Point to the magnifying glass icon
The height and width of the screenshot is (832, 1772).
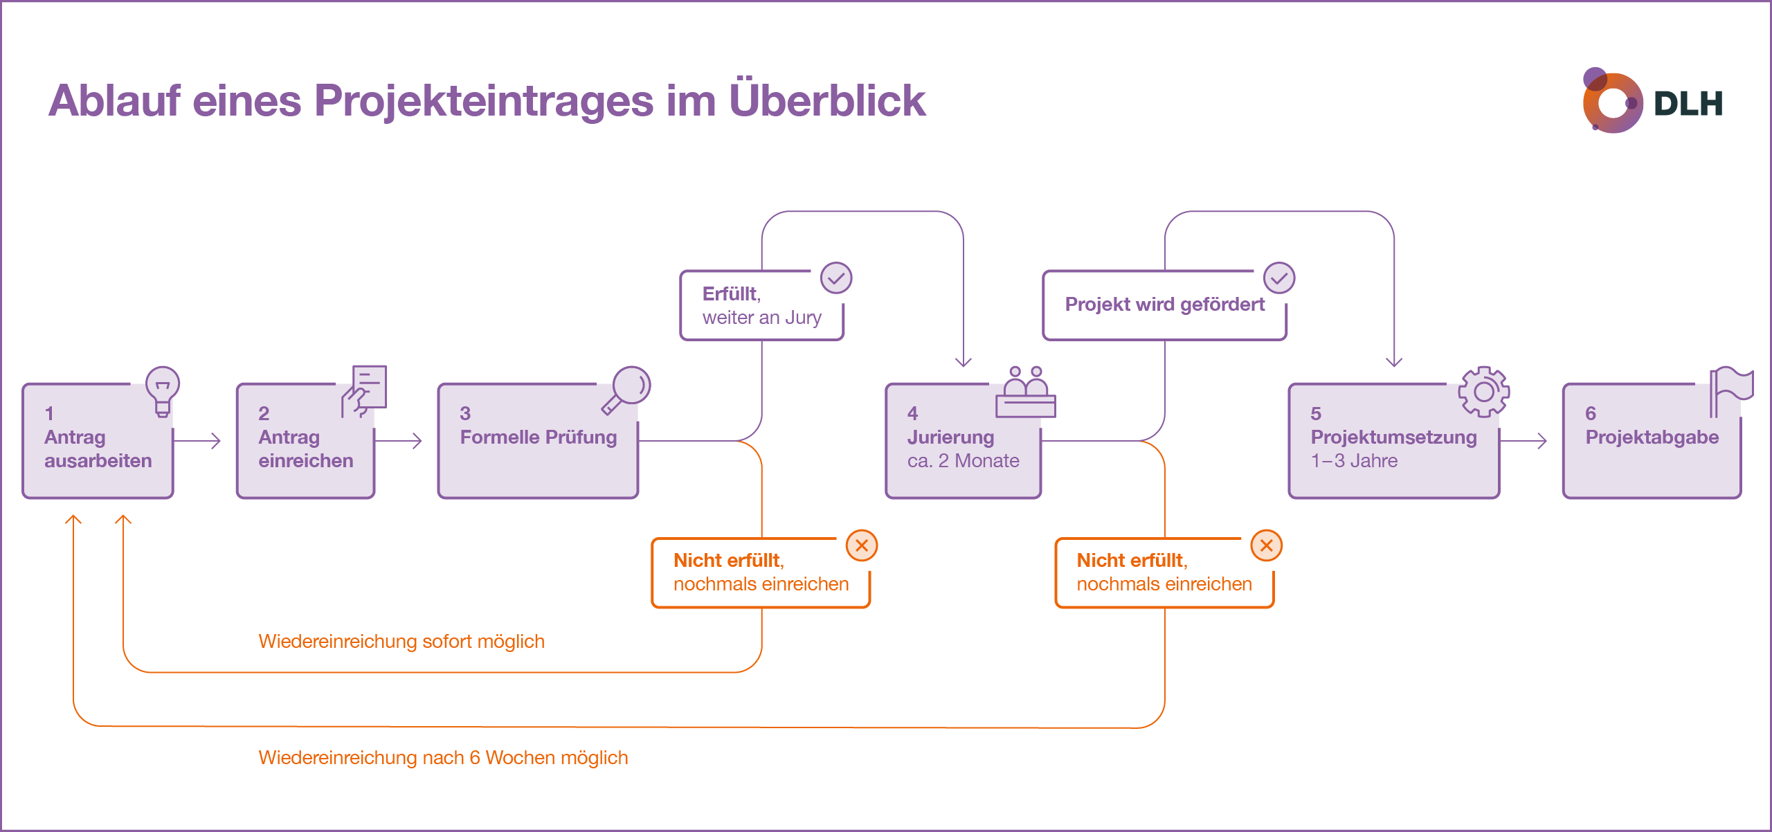click(x=627, y=389)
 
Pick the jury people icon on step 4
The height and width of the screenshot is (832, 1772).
click(x=1025, y=392)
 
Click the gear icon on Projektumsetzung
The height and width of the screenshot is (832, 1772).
click(x=1483, y=392)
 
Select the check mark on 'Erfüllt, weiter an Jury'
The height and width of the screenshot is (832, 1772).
click(x=836, y=278)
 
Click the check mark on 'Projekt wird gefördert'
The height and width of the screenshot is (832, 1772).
click(x=1278, y=278)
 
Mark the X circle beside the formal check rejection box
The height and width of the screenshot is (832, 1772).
click(x=862, y=545)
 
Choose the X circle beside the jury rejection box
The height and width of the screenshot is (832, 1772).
click(x=1266, y=545)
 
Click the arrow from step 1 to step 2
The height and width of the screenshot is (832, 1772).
click(x=198, y=440)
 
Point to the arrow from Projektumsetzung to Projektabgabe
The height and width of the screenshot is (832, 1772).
click(x=1524, y=440)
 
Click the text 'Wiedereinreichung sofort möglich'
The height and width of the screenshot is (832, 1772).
click(x=401, y=641)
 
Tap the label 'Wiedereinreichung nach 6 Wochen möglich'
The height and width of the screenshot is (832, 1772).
click(x=443, y=757)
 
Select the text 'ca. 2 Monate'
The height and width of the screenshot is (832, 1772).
click(x=963, y=461)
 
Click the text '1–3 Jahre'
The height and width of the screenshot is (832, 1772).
click(x=1354, y=461)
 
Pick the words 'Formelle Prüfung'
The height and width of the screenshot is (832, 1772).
click(x=538, y=437)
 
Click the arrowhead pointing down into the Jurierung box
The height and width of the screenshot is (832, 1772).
click(x=963, y=361)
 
